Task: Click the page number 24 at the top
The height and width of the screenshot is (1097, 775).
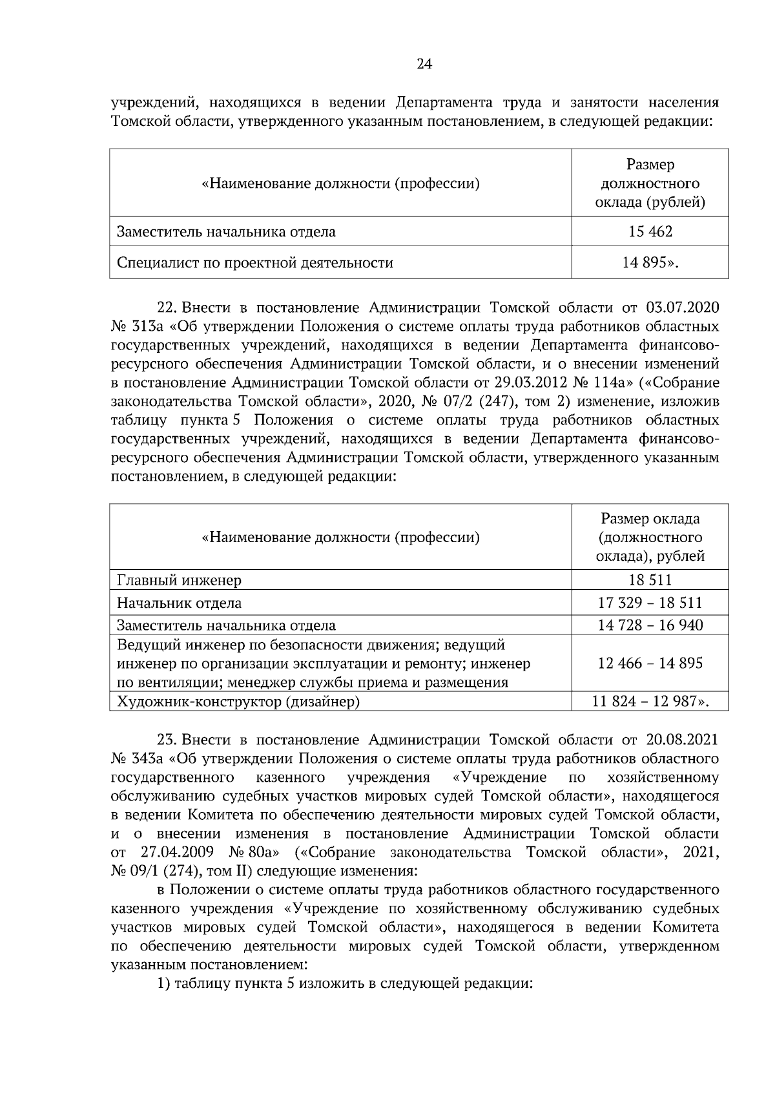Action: coord(424,63)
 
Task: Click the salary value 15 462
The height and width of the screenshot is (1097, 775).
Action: coord(650,231)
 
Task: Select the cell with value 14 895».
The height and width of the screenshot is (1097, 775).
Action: coord(650,263)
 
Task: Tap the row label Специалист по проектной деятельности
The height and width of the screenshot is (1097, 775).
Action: coord(254,263)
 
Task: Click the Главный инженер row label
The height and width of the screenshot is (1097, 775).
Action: coord(179,580)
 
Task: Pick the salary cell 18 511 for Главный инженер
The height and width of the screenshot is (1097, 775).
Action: coord(650,580)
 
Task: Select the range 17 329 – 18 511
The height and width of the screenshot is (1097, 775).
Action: coord(650,603)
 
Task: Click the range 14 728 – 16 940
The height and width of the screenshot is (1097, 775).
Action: coord(650,625)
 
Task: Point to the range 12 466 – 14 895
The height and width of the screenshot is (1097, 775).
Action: coord(650,663)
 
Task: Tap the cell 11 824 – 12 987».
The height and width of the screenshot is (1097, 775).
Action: coord(650,701)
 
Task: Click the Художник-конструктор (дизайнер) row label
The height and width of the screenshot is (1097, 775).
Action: coord(238,701)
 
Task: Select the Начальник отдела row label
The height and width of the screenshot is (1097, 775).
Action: coord(179,603)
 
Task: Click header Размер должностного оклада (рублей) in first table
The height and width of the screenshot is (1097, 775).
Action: coord(650,183)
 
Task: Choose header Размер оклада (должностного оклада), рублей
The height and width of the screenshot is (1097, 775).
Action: coord(650,538)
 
